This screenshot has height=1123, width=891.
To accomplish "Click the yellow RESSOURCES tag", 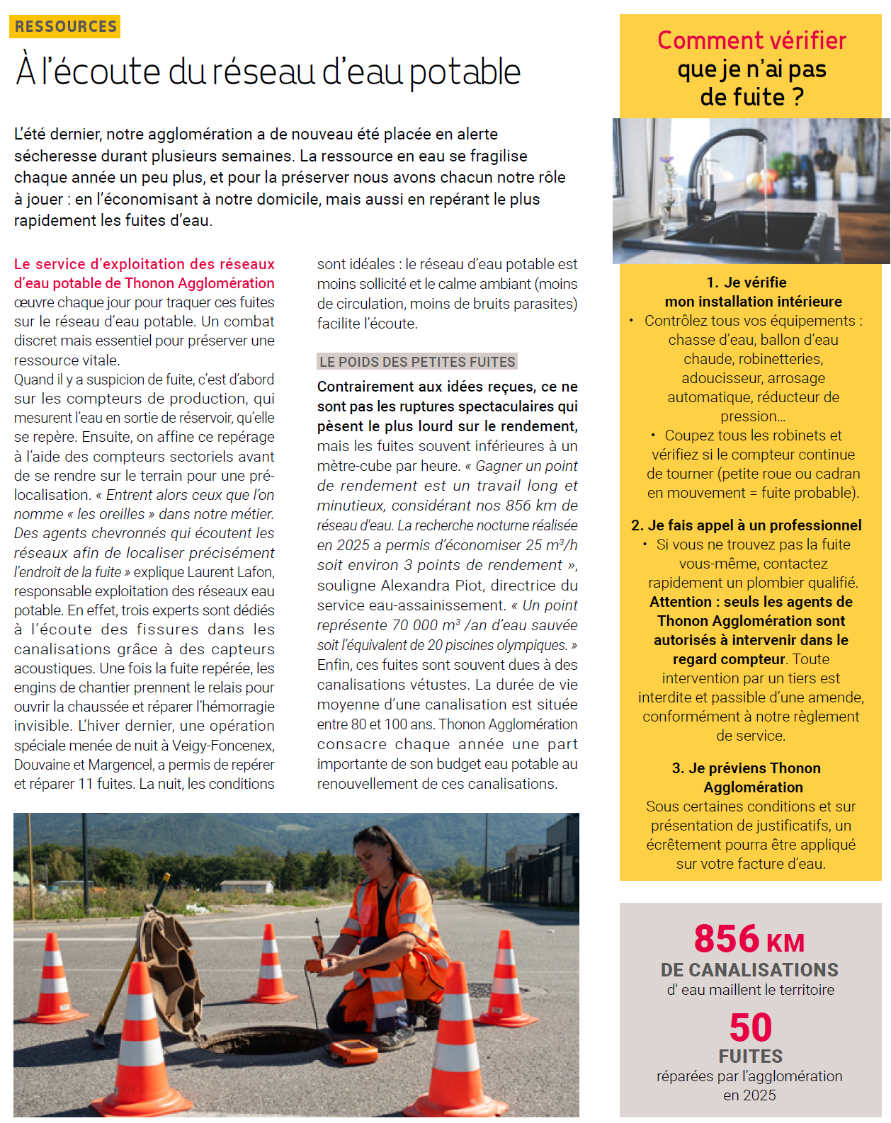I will (65, 26).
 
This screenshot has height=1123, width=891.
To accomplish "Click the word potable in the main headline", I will (465, 72).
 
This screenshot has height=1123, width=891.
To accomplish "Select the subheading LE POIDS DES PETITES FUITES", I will (417, 362).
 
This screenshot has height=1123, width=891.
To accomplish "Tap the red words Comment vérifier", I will (751, 40).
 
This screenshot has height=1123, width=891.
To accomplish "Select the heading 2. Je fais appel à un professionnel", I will (747, 525).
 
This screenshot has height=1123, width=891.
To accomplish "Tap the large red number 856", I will (727, 939).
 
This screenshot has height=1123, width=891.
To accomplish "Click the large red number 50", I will (751, 1027).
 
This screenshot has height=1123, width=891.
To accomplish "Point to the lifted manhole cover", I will (170, 956).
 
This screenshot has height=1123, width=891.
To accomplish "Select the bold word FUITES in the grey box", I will (751, 1056).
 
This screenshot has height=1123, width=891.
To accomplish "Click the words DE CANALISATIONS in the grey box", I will (749, 970).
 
